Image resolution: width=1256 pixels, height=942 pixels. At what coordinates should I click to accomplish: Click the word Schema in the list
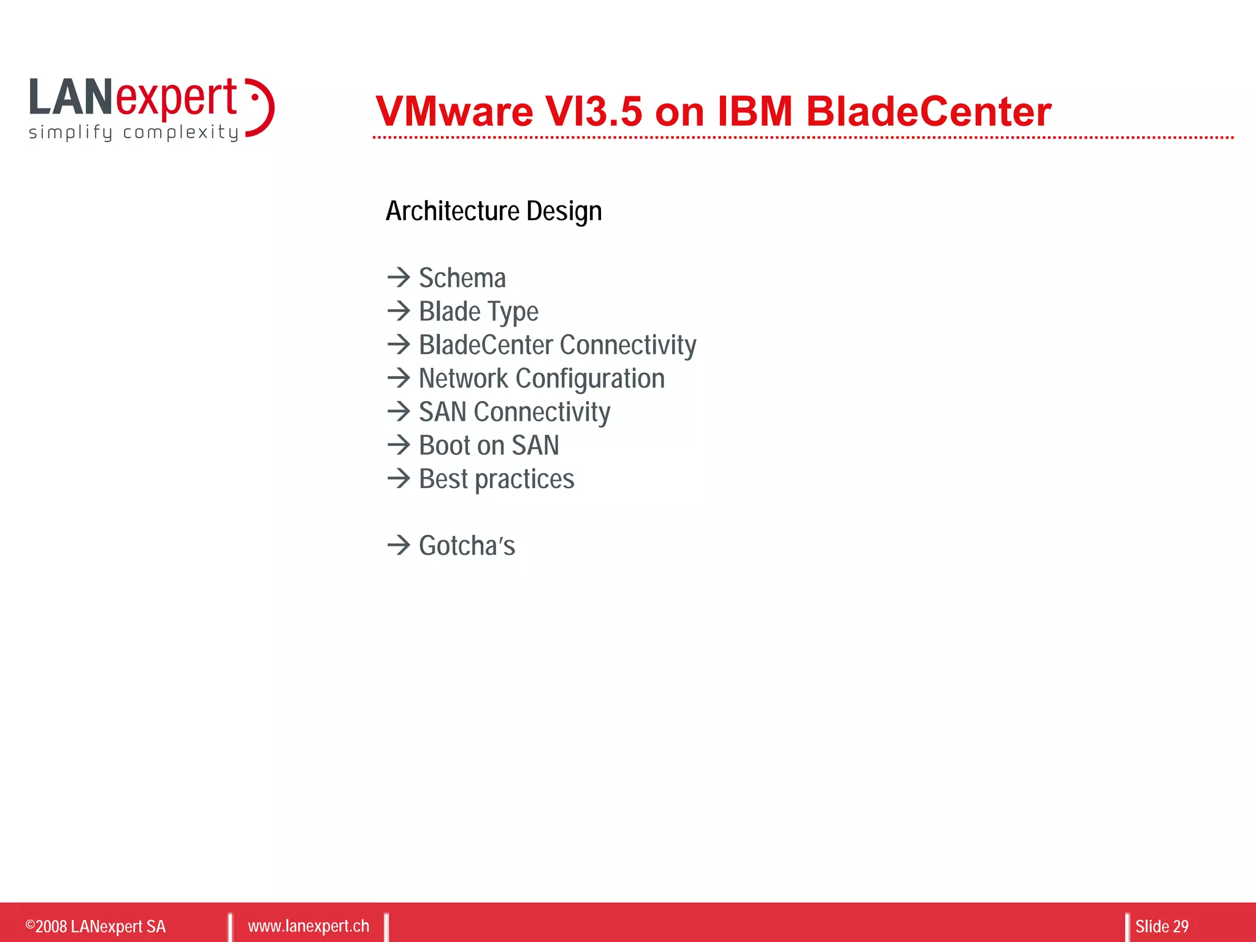pos(462,278)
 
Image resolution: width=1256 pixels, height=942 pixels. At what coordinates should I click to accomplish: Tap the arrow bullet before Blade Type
pos(399,311)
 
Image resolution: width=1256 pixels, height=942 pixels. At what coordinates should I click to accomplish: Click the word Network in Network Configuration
pos(463,378)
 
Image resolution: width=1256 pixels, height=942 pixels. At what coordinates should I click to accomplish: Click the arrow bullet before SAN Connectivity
pos(399,412)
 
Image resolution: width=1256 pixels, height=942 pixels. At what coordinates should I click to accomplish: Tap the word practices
pos(524,480)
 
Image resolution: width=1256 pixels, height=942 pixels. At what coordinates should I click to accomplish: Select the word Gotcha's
pos(467,546)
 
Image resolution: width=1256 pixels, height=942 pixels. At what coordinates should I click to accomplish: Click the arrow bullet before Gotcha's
pos(399,545)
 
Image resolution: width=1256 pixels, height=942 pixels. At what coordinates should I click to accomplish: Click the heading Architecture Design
pos(493,211)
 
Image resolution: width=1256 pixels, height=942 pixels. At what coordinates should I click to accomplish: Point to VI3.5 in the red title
pos(593,112)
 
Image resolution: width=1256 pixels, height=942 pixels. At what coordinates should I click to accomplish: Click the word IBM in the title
pos(754,112)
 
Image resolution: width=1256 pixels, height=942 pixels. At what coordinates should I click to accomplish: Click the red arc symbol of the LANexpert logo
pos(262,108)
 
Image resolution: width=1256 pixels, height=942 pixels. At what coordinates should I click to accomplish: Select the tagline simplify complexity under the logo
pos(133,132)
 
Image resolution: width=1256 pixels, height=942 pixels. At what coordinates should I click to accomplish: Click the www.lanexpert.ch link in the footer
pos(308,926)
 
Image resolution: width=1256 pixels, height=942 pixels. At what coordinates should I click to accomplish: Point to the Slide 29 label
pos(1161,926)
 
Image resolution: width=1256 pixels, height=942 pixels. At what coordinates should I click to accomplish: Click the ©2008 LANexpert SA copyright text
pos(96,926)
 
